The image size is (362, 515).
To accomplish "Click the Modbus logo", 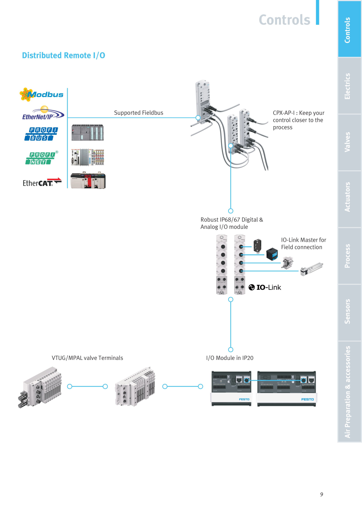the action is pyautogui.click(x=42, y=94).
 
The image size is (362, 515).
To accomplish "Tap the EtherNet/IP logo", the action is pyautogui.click(x=43, y=113).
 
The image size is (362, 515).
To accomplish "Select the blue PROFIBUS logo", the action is pyautogui.click(x=41, y=134).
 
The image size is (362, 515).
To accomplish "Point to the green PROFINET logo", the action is pyautogui.click(x=42, y=158).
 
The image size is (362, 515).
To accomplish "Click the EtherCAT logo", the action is pyautogui.click(x=42, y=182).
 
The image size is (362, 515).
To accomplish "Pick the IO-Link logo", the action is pyautogui.click(x=265, y=287).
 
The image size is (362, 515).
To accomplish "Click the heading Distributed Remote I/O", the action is pyautogui.click(x=63, y=55).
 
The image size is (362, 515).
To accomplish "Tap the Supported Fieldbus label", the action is pyautogui.click(x=139, y=113).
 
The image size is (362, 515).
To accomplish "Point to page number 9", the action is pyautogui.click(x=321, y=494).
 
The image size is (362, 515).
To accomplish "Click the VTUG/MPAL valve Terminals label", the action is pyautogui.click(x=87, y=358).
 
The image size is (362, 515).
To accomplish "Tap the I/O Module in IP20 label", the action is pyautogui.click(x=230, y=358).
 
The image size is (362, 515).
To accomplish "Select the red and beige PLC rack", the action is pyautogui.click(x=88, y=180).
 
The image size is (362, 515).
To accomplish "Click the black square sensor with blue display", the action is pyautogui.click(x=272, y=254).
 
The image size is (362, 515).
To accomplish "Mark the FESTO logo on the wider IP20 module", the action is pyautogui.click(x=308, y=399).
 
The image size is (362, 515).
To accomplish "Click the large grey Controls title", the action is pyautogui.click(x=284, y=20).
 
